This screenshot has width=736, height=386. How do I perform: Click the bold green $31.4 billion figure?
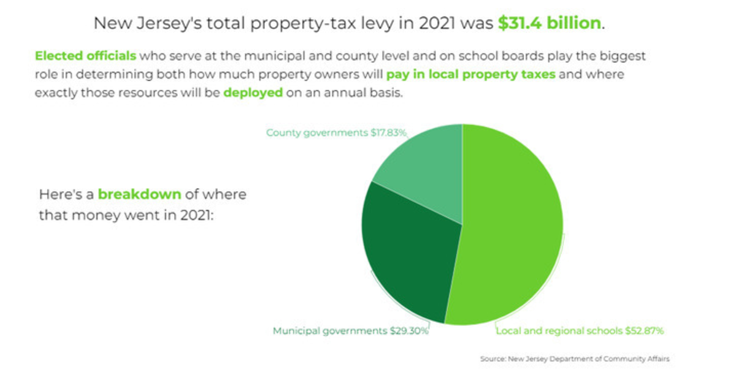550,24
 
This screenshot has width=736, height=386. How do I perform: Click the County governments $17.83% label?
336,132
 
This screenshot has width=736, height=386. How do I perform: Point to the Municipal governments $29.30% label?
350,331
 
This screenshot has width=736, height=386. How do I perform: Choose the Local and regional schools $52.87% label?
580,331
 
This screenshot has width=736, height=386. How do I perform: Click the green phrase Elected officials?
85,56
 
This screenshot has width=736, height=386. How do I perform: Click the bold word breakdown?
139,195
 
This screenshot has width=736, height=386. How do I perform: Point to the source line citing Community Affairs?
575,358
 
